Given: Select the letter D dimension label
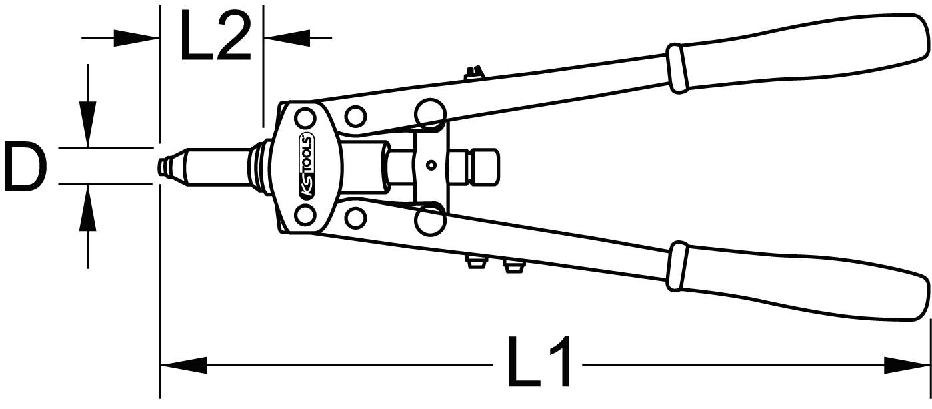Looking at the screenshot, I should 25,165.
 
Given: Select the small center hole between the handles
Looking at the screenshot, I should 431,165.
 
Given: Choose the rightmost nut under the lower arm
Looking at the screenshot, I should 512,266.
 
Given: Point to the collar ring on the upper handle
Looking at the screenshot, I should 676,68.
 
